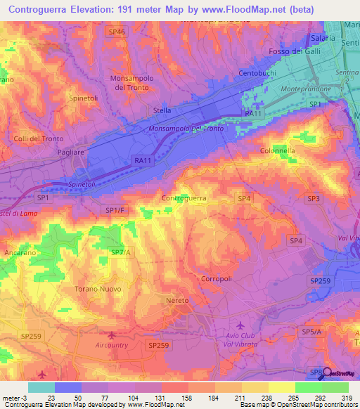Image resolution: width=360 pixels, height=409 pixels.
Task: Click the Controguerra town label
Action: pyautogui.click(x=184, y=199)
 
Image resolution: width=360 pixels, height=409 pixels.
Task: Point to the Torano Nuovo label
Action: pyautogui.click(x=98, y=289)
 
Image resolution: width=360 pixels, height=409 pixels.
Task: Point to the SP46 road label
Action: pyautogui.click(x=117, y=32)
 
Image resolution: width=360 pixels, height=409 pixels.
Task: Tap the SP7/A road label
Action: pyautogui.click(x=120, y=252)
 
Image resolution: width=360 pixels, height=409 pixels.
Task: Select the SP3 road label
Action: pyautogui.click(x=313, y=200)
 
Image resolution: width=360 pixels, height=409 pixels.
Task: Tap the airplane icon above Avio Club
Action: pyautogui.click(x=242, y=325)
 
